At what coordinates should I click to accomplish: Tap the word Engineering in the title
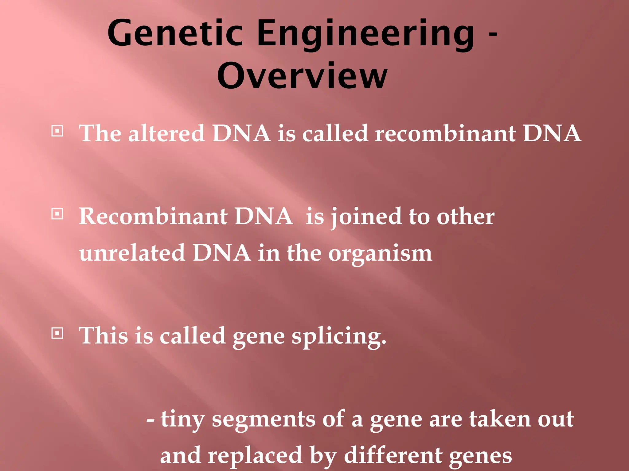[x=365, y=34]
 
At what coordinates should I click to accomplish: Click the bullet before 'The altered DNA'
[x=57, y=131]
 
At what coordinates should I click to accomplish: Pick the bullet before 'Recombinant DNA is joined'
[x=57, y=214]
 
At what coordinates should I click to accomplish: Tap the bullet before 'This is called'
[x=57, y=333]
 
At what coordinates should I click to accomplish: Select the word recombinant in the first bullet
[x=445, y=133]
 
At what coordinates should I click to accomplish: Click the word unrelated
[x=132, y=253]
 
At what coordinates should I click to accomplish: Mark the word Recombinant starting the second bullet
[x=153, y=216]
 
